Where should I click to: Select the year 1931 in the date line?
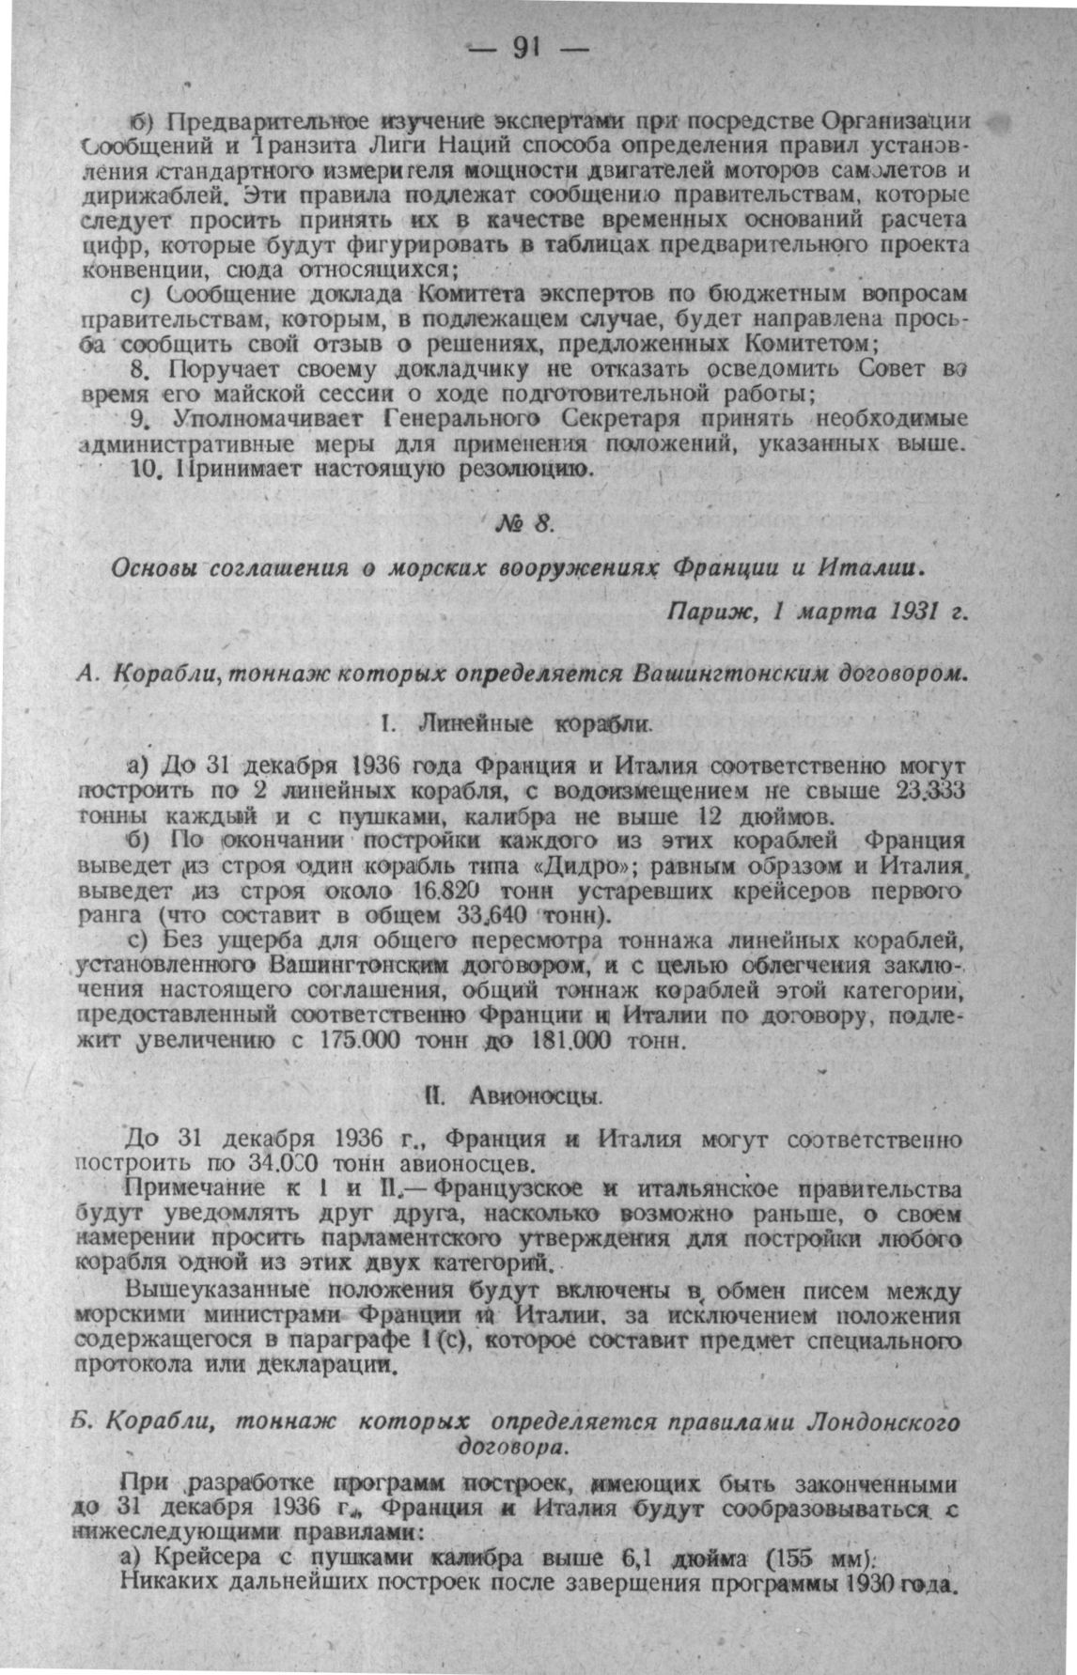click(908, 613)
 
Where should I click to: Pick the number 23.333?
click(932, 791)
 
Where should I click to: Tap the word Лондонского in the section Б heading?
click(882, 1422)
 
